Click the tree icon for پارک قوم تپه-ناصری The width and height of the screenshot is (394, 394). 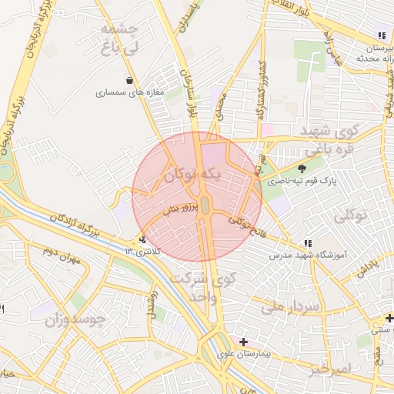tap(301, 169)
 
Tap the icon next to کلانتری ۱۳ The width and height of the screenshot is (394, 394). tap(142, 239)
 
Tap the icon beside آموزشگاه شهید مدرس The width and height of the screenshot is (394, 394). tap(309, 242)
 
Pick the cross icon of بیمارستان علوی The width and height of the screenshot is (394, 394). tap(244, 342)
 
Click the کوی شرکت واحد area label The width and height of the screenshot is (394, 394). tap(203, 286)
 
